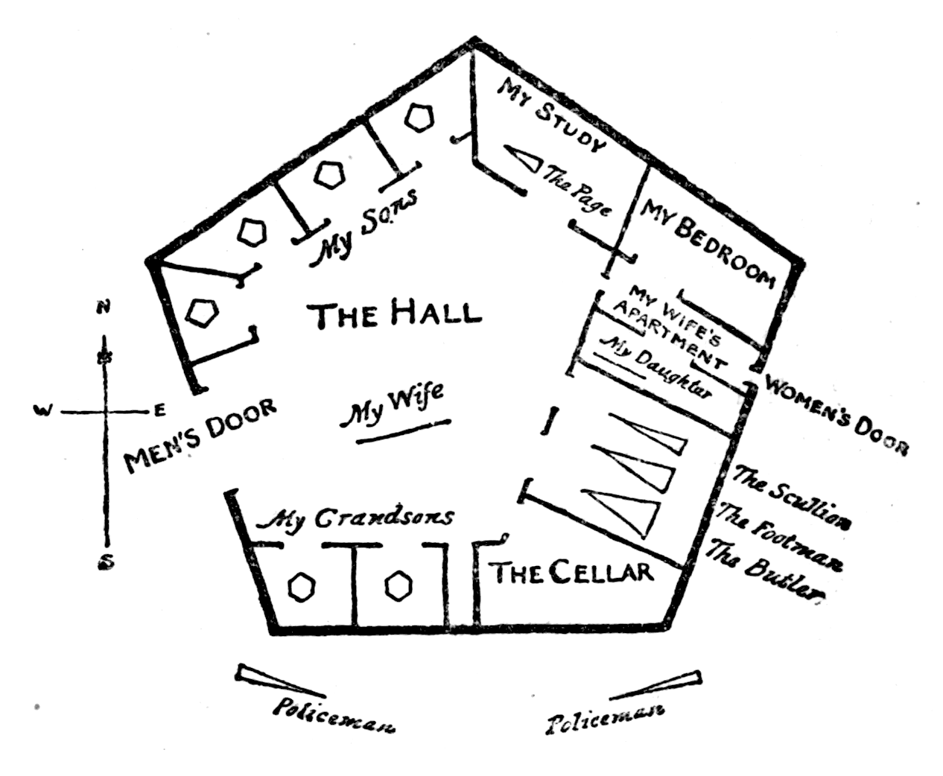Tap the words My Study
click(x=551, y=117)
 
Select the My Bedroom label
click(x=708, y=241)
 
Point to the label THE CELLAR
click(x=571, y=572)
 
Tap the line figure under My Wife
click(x=403, y=432)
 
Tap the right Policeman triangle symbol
click(x=656, y=686)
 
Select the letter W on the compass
click(x=44, y=410)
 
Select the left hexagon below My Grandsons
click(x=302, y=586)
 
